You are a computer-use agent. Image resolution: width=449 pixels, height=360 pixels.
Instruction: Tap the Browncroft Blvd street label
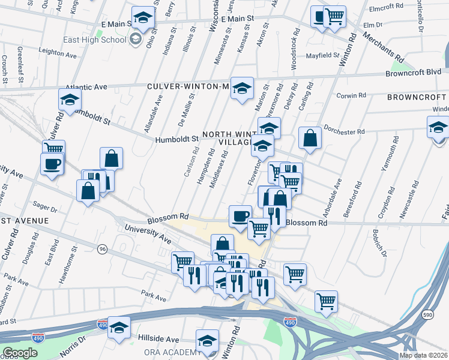pos(413,73)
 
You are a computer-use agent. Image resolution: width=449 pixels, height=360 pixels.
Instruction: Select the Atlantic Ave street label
pos(86,86)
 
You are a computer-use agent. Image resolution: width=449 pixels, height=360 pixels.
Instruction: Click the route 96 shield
pos(103,249)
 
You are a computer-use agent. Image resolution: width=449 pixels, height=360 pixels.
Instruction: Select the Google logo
pos(20,353)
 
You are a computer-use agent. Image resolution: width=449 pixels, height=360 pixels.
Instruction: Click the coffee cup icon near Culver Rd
pos(52,164)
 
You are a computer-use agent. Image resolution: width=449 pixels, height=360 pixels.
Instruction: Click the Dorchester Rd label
pos(344,130)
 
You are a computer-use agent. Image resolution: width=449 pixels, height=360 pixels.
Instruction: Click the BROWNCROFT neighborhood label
pos(417,97)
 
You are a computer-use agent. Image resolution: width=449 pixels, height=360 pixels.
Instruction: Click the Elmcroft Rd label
pos(386,7)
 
